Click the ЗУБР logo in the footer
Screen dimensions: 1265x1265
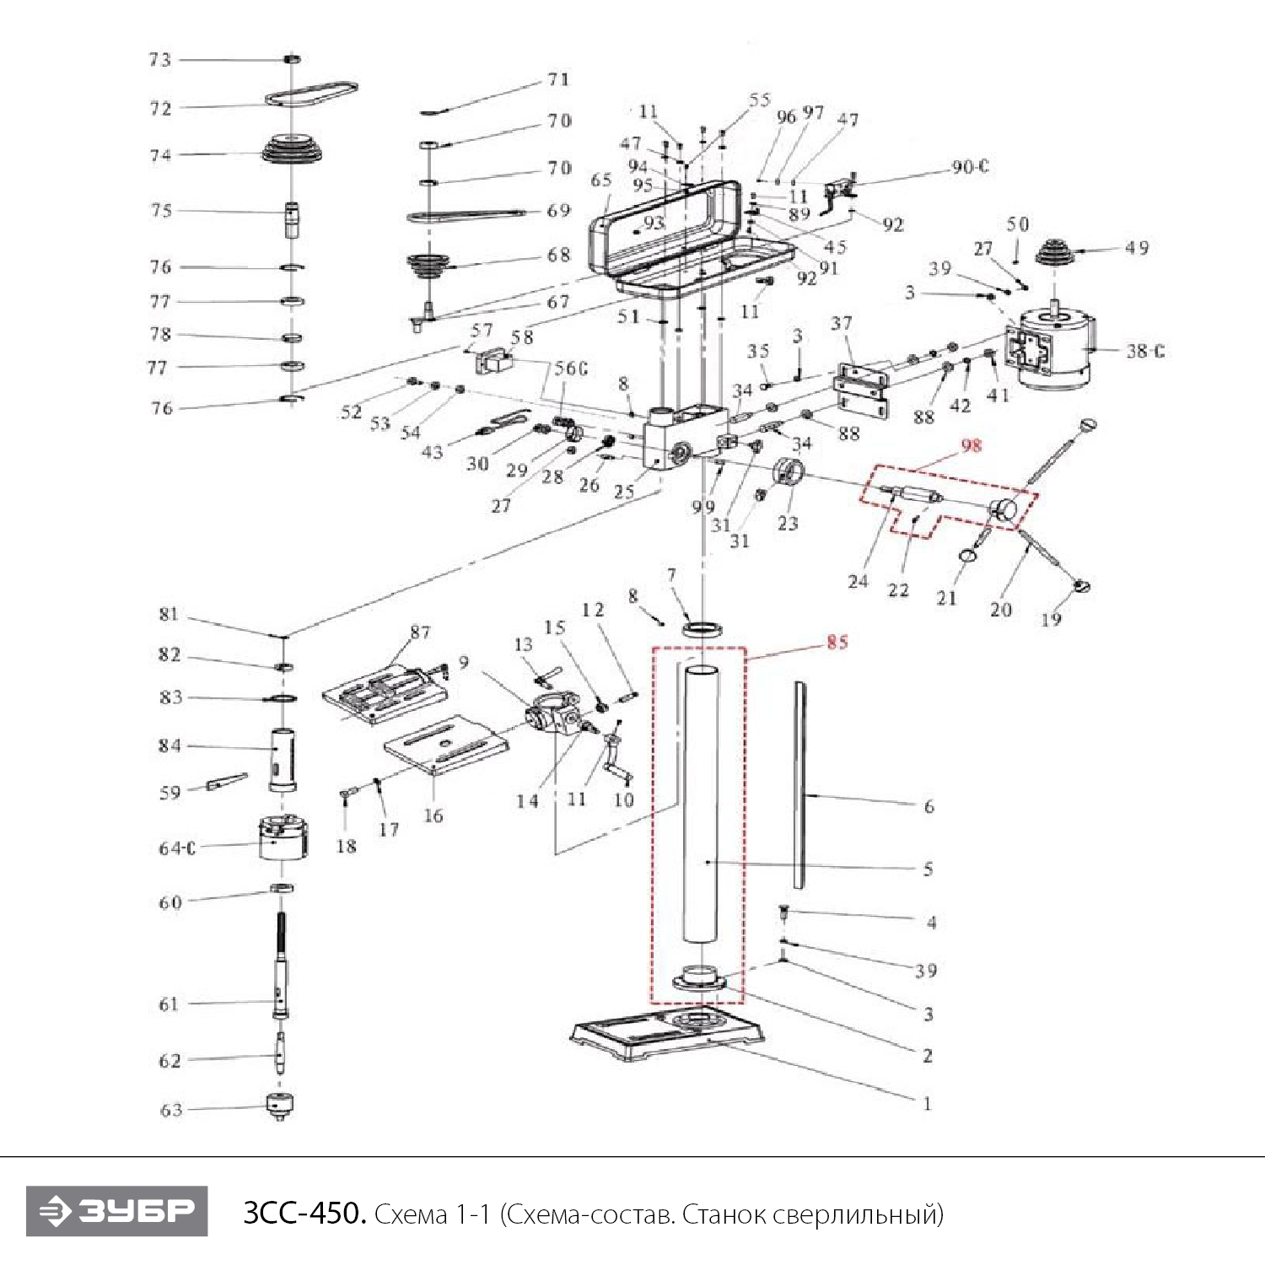tap(116, 1211)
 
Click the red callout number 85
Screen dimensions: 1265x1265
tap(837, 643)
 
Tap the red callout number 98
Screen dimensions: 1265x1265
tap(972, 445)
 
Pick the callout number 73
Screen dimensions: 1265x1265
tap(160, 60)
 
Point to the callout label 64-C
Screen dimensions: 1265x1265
tap(177, 848)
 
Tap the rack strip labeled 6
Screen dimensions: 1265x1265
tap(799, 784)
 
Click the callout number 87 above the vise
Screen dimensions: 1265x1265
tap(420, 632)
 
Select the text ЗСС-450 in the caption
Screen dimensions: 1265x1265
tap(304, 1214)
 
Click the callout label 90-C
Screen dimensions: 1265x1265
tap(970, 167)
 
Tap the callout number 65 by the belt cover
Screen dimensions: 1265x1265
tap(601, 180)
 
